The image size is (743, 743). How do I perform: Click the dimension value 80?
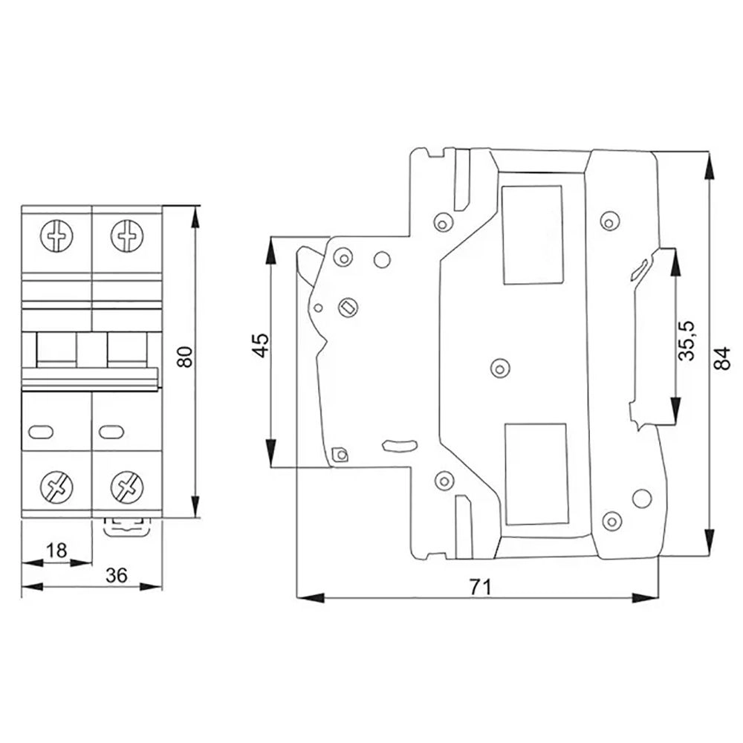click(187, 357)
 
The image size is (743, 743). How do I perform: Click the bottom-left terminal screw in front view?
click(56, 488)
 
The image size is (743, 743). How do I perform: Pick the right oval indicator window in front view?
click(110, 429)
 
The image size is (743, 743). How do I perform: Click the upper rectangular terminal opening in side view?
click(533, 234)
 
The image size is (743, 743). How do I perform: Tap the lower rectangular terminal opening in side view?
click(535, 473)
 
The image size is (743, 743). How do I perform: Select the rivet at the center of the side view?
click(499, 366)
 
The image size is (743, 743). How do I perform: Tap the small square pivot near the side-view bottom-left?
click(340, 454)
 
